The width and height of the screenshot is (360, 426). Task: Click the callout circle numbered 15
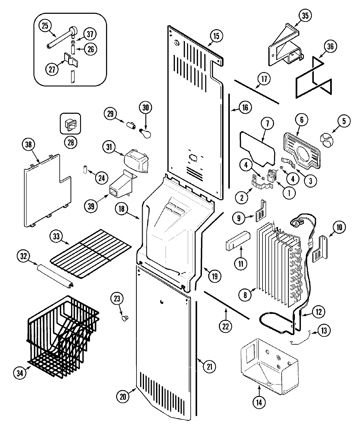coord(216,36)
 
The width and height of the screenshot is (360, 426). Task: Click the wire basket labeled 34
coord(63,336)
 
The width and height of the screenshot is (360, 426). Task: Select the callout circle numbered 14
coord(259,403)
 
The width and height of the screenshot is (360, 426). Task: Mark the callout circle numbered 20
coord(123,396)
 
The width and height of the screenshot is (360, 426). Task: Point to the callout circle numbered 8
coord(245,295)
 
